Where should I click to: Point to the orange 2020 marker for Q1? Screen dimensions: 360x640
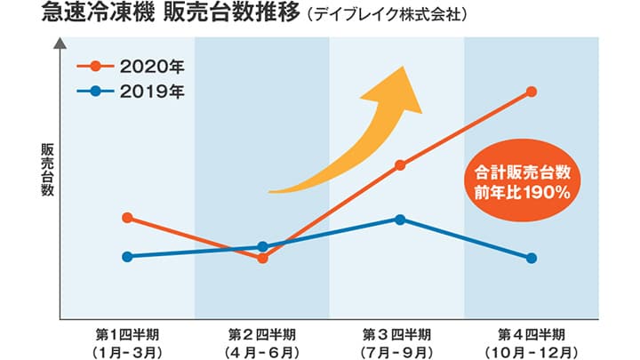pyautogui.click(x=127, y=217)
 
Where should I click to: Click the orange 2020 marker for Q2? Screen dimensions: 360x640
pyautogui.click(x=262, y=258)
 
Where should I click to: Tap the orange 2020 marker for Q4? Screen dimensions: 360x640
pyautogui.click(x=532, y=92)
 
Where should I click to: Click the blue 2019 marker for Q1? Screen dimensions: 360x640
pyautogui.click(x=127, y=257)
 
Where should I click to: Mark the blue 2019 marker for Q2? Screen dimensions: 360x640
pyautogui.click(x=262, y=246)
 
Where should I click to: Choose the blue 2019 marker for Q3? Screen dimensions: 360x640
pyautogui.click(x=400, y=220)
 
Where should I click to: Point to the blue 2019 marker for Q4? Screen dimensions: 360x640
pyautogui.click(x=532, y=258)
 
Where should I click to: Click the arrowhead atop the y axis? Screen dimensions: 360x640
pyautogui.click(x=60, y=43)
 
